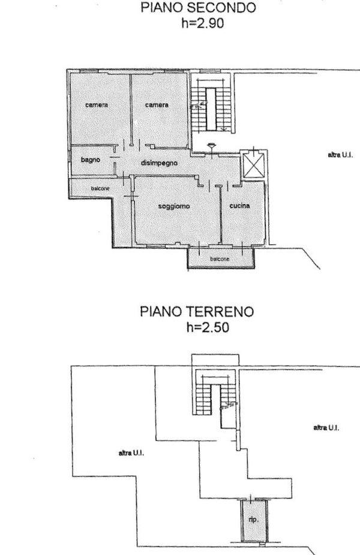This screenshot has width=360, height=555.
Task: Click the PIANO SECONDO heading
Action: coord(198,7)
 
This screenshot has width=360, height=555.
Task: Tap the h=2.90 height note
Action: coord(202,23)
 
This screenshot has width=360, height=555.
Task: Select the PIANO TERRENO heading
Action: coord(197,311)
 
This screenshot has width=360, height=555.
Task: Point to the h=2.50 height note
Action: coord(208,327)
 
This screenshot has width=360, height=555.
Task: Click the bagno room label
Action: coord(91,160)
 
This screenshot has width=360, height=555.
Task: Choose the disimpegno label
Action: coord(159,163)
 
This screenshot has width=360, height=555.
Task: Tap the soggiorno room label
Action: coord(174,206)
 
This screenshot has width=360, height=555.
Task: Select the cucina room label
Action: coord(239,205)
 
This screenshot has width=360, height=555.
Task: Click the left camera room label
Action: coord(97,105)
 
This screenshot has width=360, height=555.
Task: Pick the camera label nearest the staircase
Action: coord(157,105)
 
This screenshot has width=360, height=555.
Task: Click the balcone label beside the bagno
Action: coord(100,188)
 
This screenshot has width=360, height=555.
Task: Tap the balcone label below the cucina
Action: coord(220,259)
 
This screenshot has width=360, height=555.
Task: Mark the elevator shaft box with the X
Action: coord(253,164)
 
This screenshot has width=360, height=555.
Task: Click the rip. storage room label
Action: coord(253,520)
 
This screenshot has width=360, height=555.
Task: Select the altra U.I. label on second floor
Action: coord(340,155)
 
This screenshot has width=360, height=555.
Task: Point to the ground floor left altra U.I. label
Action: coord(131,453)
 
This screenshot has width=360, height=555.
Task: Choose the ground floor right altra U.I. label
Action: coord(326,428)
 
